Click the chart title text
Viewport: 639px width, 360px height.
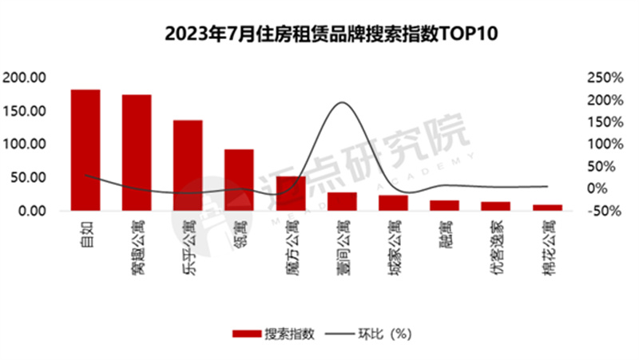(x=319, y=34)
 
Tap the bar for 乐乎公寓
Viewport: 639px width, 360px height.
(x=188, y=165)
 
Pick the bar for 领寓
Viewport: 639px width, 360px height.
(x=239, y=180)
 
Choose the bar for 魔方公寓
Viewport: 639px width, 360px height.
(x=291, y=193)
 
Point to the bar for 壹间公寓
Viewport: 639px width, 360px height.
(x=342, y=201)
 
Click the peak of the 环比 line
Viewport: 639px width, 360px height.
(x=342, y=103)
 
